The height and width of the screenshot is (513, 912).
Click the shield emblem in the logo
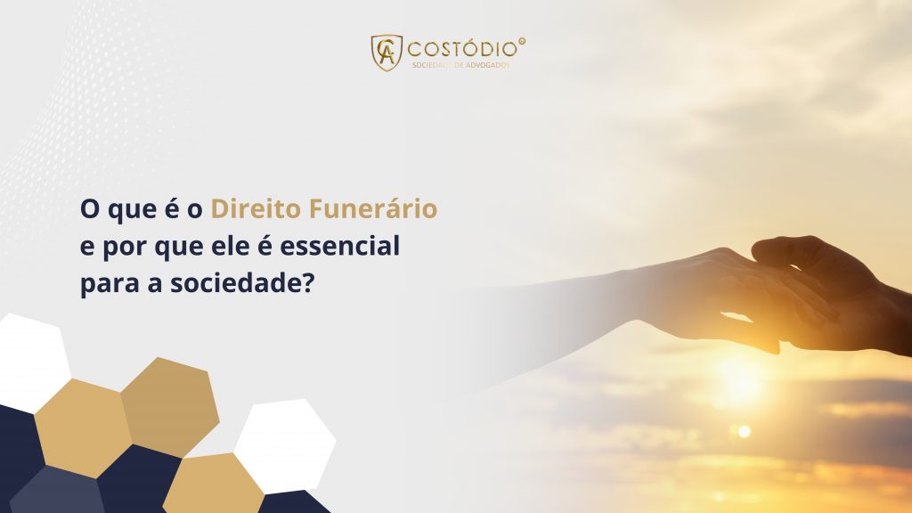click(387, 52)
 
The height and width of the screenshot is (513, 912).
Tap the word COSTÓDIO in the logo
click(460, 46)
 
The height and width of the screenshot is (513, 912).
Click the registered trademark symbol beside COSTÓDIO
click(522, 40)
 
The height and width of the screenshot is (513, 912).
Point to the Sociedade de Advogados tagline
click(460, 64)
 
